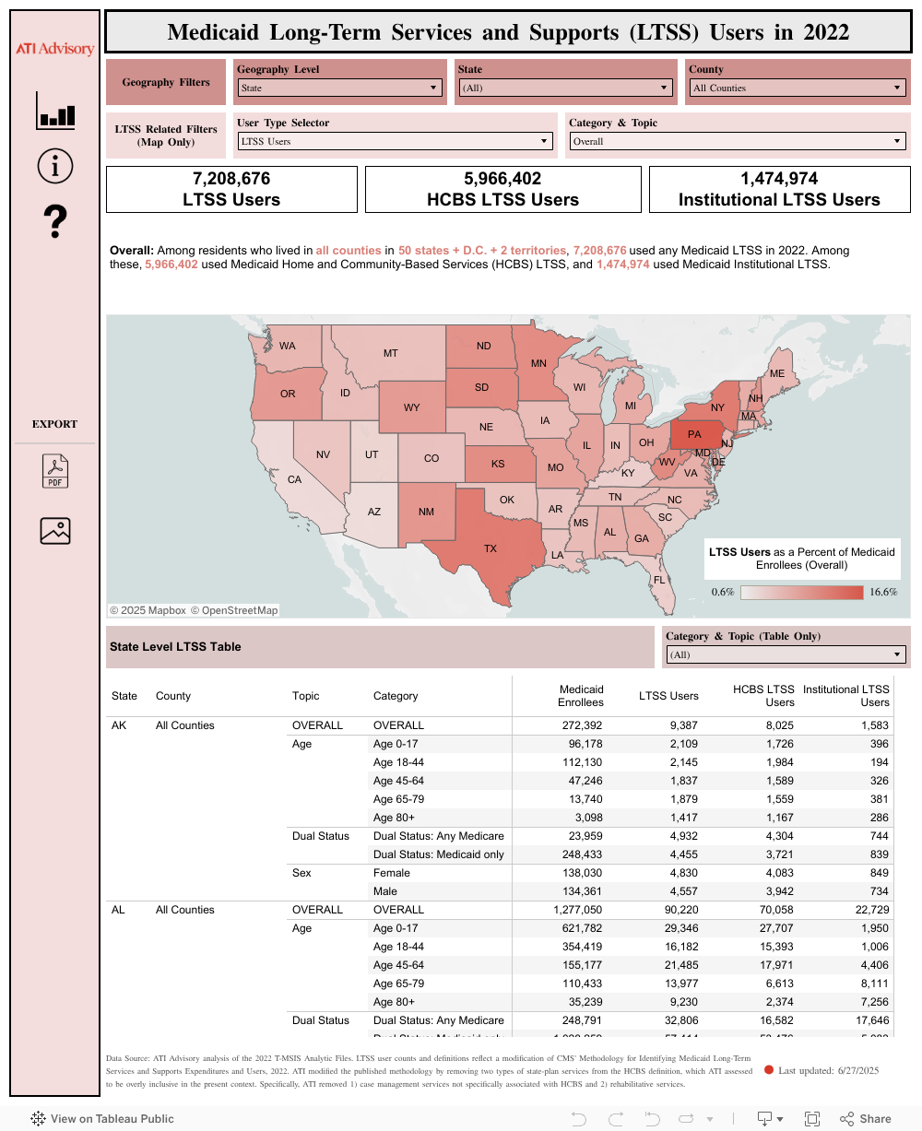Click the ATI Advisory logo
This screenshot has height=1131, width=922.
55,48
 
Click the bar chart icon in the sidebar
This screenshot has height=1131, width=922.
55,111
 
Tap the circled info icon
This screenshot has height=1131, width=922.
55,166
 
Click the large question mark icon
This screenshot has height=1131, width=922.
55,222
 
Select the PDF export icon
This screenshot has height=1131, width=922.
55,471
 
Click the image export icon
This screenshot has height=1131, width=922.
55,530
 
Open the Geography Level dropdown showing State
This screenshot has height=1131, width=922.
339,88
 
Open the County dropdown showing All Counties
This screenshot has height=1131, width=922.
798,88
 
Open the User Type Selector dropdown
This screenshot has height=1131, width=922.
395,142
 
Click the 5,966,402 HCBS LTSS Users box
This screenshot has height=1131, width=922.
502,189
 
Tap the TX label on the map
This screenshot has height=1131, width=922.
491,548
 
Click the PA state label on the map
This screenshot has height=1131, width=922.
694,434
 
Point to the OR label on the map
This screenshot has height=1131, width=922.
288,394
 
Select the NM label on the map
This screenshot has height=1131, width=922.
426,512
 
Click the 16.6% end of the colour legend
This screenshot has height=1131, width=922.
882,592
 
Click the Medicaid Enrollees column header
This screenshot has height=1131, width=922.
581,696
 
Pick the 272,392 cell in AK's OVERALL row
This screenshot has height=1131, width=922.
582,725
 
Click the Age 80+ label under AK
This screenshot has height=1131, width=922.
394,818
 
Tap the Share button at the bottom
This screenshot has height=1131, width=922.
866,1119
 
